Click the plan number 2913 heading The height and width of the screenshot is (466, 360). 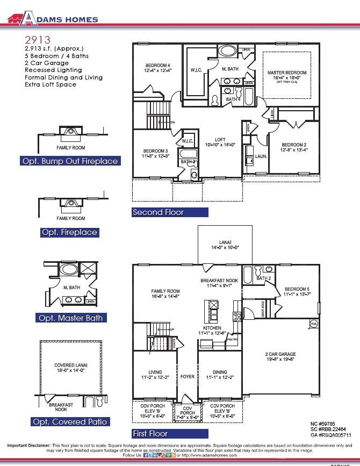(x=38, y=40)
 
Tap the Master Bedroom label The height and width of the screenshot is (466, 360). (x=287, y=73)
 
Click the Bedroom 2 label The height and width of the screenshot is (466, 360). (x=294, y=145)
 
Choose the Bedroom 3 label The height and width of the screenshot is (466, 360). (x=156, y=151)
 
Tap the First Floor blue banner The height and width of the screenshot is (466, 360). (x=150, y=433)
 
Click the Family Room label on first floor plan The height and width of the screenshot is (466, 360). (x=165, y=291)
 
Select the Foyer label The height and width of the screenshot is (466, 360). (x=187, y=377)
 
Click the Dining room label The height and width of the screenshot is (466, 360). (x=220, y=372)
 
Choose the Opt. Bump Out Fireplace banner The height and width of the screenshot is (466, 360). (x=70, y=161)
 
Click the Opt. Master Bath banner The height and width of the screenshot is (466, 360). (x=70, y=318)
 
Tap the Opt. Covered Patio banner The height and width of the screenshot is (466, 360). (x=70, y=422)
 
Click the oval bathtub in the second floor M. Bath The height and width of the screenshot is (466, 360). (x=226, y=52)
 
